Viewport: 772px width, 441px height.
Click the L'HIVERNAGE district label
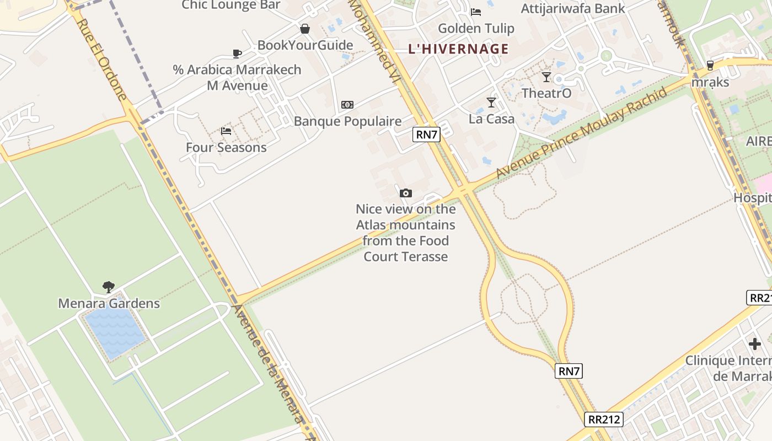pyautogui.click(x=458, y=49)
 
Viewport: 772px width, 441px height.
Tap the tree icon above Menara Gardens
pyautogui.click(x=109, y=287)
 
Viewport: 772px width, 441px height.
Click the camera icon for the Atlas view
pyautogui.click(x=406, y=193)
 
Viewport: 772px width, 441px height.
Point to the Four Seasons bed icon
pyautogui.click(x=226, y=131)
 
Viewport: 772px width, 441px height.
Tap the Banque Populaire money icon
pyautogui.click(x=347, y=105)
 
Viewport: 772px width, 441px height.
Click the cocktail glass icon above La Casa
pyautogui.click(x=491, y=103)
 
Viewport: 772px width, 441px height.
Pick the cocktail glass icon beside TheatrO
pyautogui.click(x=546, y=77)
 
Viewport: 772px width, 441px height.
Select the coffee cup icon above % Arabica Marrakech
pyautogui.click(x=237, y=53)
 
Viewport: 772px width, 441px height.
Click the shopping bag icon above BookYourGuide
pyautogui.click(x=305, y=29)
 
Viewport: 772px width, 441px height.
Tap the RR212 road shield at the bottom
pyautogui.click(x=604, y=420)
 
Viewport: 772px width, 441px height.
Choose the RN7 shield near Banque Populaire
pyautogui.click(x=427, y=135)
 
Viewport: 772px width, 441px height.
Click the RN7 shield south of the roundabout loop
pyautogui.click(x=569, y=371)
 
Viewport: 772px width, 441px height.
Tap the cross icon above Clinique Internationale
pyautogui.click(x=755, y=344)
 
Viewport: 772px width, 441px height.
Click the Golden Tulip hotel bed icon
pyautogui.click(x=476, y=12)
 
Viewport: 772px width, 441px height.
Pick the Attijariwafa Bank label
pyautogui.click(x=573, y=8)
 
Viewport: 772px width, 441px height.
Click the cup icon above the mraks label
pyautogui.click(x=710, y=65)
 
